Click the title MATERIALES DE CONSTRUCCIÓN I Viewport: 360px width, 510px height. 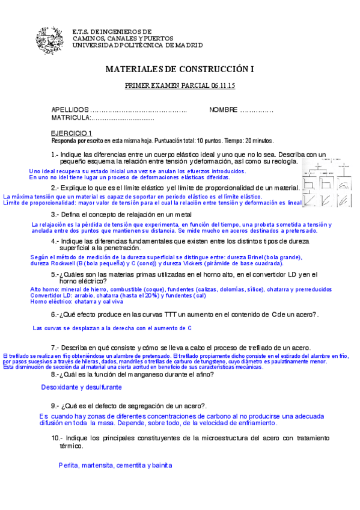tap(180, 69)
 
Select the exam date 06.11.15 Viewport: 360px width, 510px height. tap(223, 86)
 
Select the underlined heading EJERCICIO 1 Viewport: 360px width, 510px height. tap(71, 133)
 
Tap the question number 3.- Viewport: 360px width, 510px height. tap(55, 214)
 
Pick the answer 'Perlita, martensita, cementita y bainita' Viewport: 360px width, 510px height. tap(115, 465)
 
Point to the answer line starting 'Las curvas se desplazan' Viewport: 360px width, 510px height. tap(112, 328)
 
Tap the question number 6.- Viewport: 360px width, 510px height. tap(55, 315)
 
